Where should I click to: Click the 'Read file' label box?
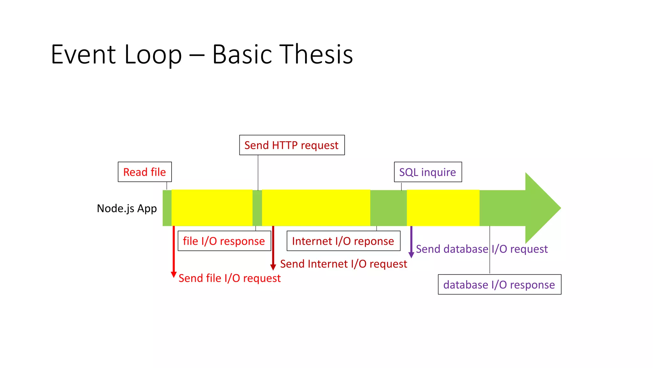(145, 172)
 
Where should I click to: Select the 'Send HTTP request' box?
(292, 145)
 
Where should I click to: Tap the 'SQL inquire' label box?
(428, 172)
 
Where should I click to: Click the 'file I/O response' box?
(224, 241)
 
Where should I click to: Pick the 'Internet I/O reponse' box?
(343, 241)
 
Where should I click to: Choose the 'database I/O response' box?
(499, 284)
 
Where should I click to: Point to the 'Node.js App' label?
(127, 208)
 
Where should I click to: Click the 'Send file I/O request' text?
(230, 278)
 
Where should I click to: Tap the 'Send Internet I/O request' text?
(343, 264)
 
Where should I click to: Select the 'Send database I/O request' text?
(482, 249)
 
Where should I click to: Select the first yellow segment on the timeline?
(212, 208)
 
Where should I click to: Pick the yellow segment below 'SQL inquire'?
(443, 208)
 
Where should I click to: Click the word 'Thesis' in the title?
(316, 54)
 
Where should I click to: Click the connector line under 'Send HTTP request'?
(258, 172)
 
